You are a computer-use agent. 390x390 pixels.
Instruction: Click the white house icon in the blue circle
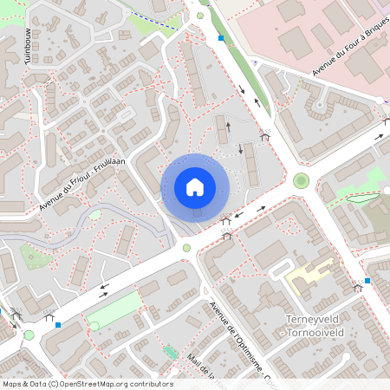(x=195, y=187)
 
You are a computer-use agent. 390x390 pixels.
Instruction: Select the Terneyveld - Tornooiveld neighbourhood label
(x=322, y=325)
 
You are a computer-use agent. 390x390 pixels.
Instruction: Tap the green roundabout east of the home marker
(x=301, y=180)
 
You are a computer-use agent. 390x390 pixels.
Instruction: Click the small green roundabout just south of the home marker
(x=186, y=248)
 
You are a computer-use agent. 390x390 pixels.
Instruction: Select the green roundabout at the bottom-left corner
(x=29, y=335)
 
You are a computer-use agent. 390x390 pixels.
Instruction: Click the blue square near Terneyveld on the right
(x=367, y=281)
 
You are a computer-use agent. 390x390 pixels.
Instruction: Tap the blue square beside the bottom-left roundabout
(x=58, y=325)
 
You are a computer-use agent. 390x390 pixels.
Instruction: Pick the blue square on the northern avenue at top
(x=221, y=38)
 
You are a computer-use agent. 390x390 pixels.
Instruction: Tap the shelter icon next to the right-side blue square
(x=356, y=287)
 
